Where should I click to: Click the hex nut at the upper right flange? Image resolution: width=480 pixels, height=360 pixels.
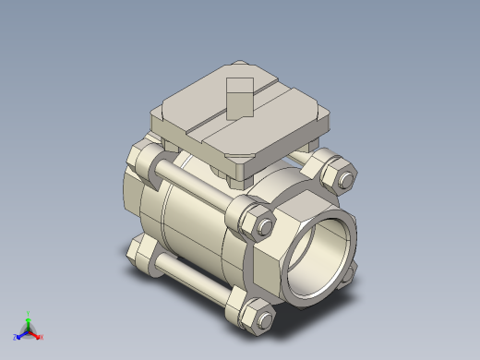tap(333, 172)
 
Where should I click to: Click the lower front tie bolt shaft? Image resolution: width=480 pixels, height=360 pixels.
tap(196, 279)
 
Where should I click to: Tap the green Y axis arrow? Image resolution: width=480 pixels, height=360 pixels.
tap(29, 318)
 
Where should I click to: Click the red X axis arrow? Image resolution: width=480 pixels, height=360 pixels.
tap(36, 334)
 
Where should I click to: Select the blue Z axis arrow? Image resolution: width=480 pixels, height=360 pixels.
tap(20, 332)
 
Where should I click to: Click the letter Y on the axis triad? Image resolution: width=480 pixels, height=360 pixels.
tap(29, 312)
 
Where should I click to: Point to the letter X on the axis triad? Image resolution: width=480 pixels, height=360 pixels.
tap(42, 337)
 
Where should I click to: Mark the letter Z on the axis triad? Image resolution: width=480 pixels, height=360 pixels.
tap(15, 335)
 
